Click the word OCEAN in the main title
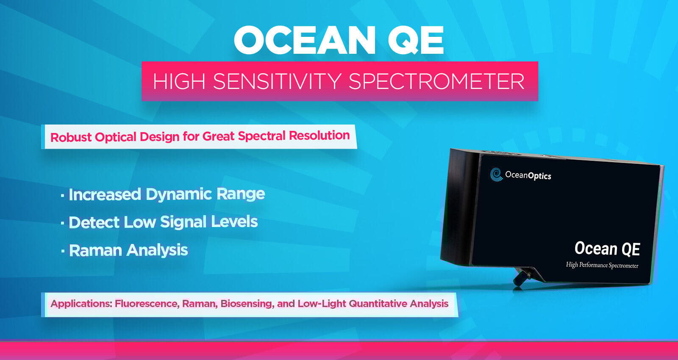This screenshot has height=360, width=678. point(304,40)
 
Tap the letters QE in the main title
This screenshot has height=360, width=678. point(416,41)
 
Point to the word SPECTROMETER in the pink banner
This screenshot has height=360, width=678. point(436,81)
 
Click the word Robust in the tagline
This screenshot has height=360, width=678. point(71,137)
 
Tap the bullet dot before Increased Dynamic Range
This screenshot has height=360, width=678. point(62,196)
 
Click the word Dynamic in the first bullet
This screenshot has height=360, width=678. point(179,194)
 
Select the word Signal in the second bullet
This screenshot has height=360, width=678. point(183,222)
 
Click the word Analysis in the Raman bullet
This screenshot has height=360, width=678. point(157,250)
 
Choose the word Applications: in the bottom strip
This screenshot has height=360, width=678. point(81,304)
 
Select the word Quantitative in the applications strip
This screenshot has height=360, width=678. point(378,303)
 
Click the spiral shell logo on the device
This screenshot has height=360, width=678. point(496,174)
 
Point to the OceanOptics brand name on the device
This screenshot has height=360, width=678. point(528,175)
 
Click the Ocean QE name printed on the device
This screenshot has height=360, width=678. point(607,249)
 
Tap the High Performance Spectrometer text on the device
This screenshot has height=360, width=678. point(602,265)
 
